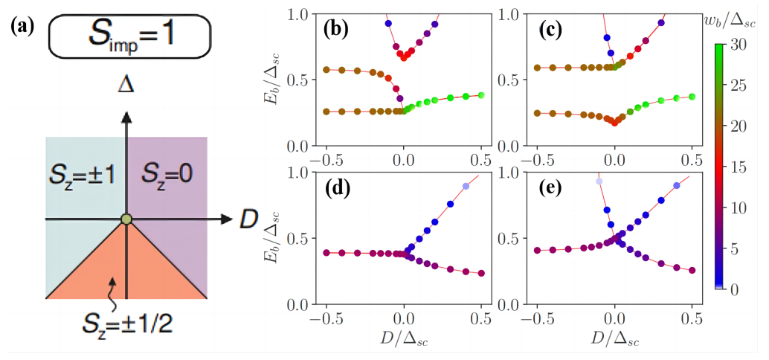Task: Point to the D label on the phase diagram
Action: point(248,220)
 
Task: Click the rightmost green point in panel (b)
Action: point(481,95)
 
